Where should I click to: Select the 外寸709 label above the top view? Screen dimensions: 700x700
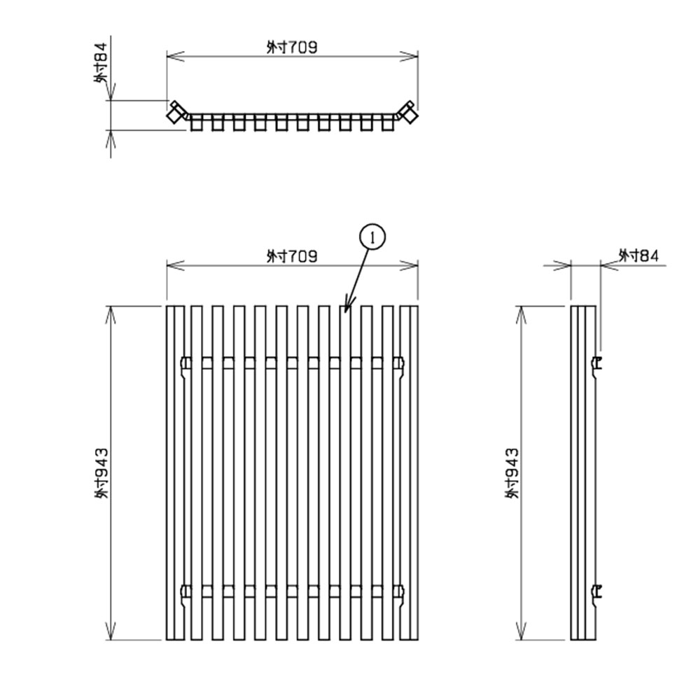point(292,48)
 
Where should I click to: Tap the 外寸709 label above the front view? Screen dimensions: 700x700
point(292,256)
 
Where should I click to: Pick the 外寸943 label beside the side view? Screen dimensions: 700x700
point(513,473)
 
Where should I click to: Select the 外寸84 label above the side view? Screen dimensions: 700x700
point(638,256)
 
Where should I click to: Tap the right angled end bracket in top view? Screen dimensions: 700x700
point(407,111)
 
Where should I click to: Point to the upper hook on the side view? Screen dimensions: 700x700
point(597,364)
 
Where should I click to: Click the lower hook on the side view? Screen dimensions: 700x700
point(597,592)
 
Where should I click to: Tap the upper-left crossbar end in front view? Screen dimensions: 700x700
point(185,363)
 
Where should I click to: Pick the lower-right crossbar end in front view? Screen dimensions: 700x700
point(399,591)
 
